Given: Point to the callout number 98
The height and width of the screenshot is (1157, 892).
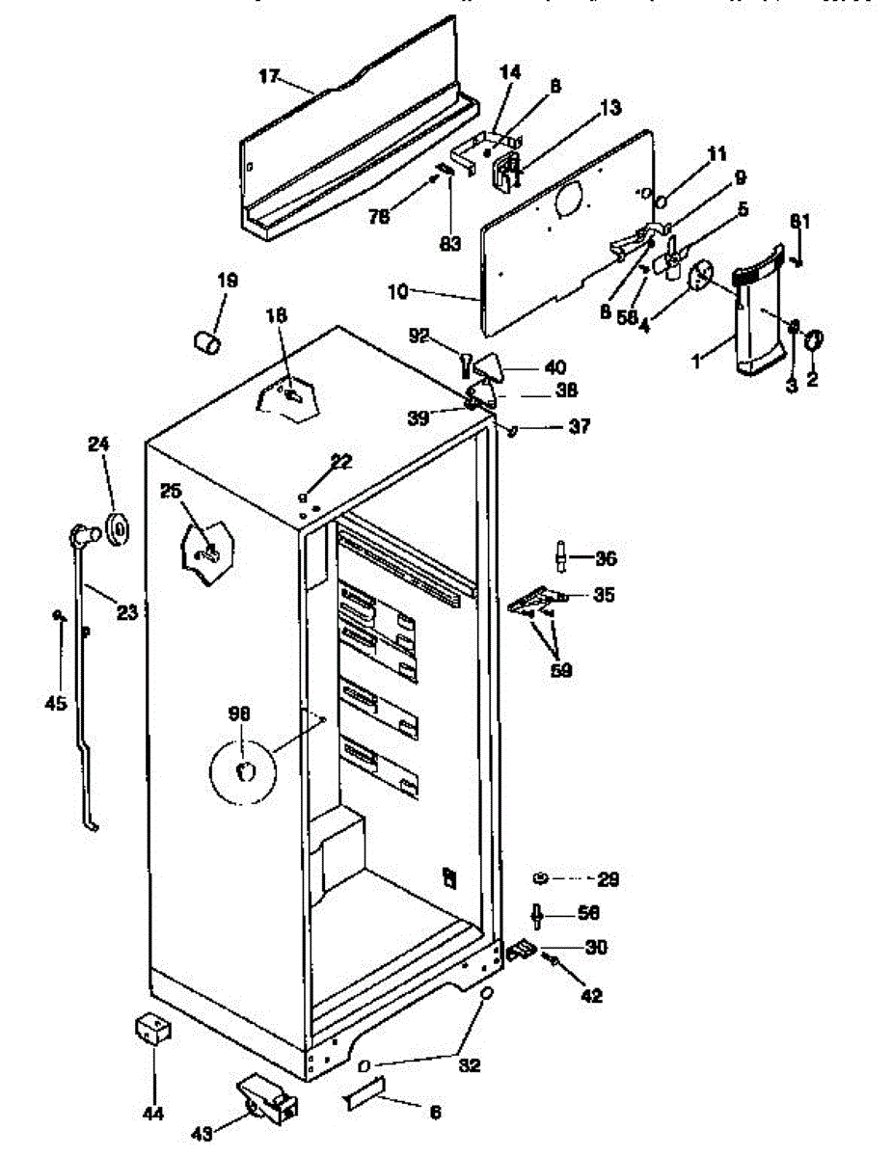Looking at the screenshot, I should tap(239, 713).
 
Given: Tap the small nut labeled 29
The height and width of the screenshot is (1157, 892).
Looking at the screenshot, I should tap(541, 877).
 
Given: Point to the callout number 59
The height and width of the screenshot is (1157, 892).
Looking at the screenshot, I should tap(560, 670).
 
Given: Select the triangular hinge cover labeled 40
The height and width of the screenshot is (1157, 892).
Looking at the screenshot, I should tap(493, 366).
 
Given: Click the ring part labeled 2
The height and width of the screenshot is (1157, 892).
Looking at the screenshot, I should tap(812, 339).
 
